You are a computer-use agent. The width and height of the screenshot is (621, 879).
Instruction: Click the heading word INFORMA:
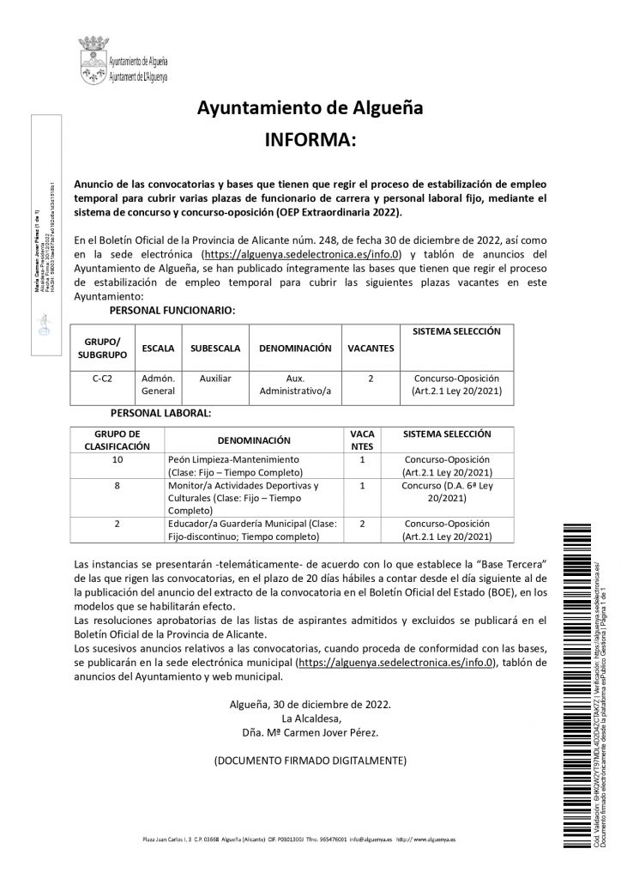click(310, 140)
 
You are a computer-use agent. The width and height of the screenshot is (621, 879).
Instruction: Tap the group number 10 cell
click(118, 459)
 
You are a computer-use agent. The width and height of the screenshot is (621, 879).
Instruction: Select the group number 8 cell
click(118, 485)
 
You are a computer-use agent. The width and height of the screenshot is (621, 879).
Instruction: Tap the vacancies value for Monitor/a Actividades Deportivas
click(363, 485)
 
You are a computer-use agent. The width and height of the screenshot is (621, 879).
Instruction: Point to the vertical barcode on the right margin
click(571, 687)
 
